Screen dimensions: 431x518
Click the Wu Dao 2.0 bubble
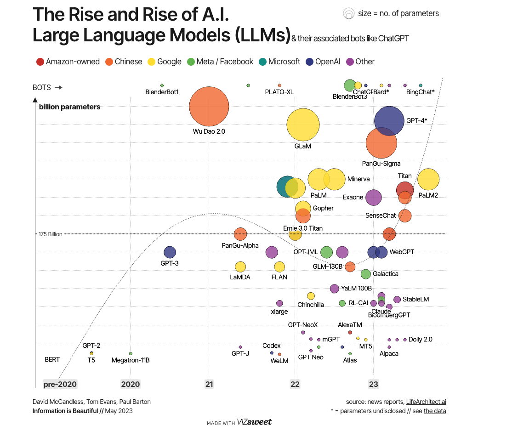click(209, 106)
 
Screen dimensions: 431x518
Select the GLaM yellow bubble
click(303, 125)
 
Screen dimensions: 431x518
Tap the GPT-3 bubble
click(170, 252)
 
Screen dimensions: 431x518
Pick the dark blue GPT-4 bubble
click(389, 121)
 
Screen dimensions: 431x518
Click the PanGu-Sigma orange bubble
click(381, 143)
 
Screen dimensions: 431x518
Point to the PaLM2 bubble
click(428, 179)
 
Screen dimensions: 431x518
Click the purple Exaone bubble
click(374, 198)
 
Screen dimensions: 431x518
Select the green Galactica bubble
click(366, 274)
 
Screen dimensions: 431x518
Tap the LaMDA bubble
click(240, 267)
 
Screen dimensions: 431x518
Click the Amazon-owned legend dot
click(40, 62)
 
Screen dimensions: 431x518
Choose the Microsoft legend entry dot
click(262, 62)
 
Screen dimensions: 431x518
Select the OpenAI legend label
click(328, 62)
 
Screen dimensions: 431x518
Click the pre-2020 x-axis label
click(60, 384)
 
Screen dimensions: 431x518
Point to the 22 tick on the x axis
click(295, 384)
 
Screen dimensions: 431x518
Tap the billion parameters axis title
click(69, 107)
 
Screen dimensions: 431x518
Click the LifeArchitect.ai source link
click(426, 402)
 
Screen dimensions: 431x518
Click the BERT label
click(52, 359)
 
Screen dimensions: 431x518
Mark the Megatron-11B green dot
click(131, 353)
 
